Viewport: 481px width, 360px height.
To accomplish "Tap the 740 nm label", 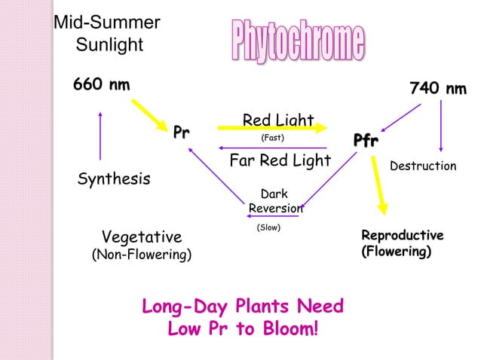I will pos(437,89).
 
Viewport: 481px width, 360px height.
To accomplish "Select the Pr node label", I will pos(181,133).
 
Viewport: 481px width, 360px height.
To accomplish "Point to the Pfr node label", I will pos(366,141).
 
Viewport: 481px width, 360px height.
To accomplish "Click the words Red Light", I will pos(277,121).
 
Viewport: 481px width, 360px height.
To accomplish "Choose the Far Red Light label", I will pos(280,160).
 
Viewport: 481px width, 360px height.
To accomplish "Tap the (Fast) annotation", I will pos(271,139).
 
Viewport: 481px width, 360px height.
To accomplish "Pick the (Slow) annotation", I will pos(269,227).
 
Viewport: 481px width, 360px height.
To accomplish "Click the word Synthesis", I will pos(114,179).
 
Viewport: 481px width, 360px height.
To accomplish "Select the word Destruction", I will pos(423,166).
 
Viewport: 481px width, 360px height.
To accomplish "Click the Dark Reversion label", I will pos(275,201).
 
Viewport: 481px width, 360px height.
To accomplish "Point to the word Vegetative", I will pos(142,236).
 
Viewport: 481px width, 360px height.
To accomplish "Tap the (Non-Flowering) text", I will pos(142,255).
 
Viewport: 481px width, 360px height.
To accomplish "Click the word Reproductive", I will pos(403,235).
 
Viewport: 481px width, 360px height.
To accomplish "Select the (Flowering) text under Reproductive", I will pos(397,250).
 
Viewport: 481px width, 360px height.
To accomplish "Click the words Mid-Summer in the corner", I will pos(106,23).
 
